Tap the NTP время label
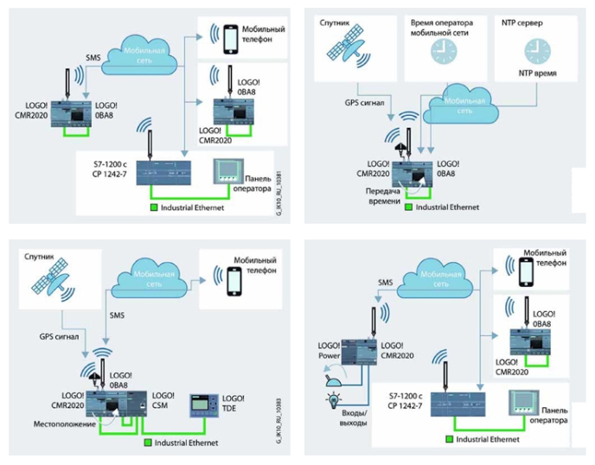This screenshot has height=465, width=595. click(528, 74)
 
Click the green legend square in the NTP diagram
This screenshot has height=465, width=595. click(413, 207)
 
